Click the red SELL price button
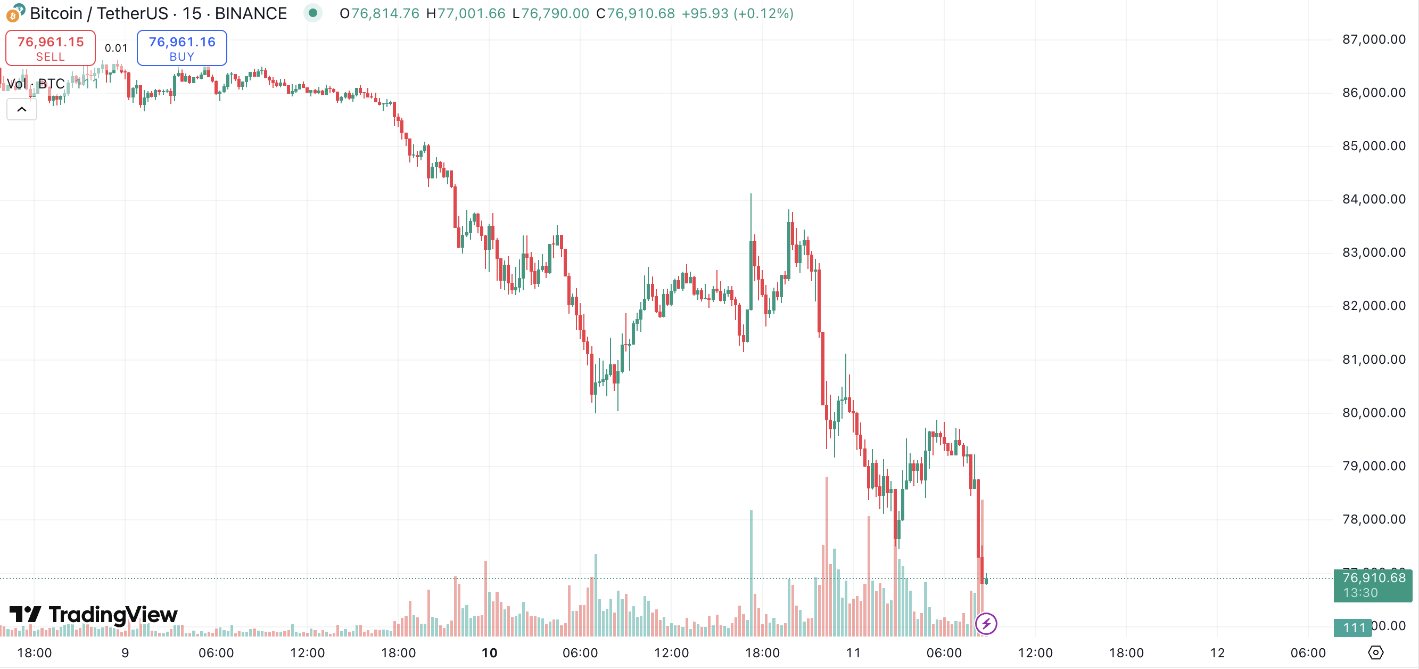[x=50, y=48]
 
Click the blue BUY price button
[x=182, y=48]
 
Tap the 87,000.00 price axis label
[x=1373, y=39]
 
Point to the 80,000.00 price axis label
[x=1373, y=413]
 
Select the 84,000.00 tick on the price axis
[x=1373, y=199]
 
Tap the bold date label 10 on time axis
[x=489, y=653]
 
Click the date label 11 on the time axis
[x=853, y=653]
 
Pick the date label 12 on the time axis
[x=1217, y=653]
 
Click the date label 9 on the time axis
[x=125, y=653]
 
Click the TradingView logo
[x=94, y=615]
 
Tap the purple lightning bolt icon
[x=986, y=624]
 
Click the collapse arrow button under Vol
[x=21, y=109]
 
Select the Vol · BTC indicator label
[x=35, y=84]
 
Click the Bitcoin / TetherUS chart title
[x=158, y=13]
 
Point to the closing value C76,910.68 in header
[x=635, y=13]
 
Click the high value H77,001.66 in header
[x=466, y=13]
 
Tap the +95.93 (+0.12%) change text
[x=737, y=13]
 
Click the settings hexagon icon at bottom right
[x=1375, y=652]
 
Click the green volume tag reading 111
[x=1354, y=627]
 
